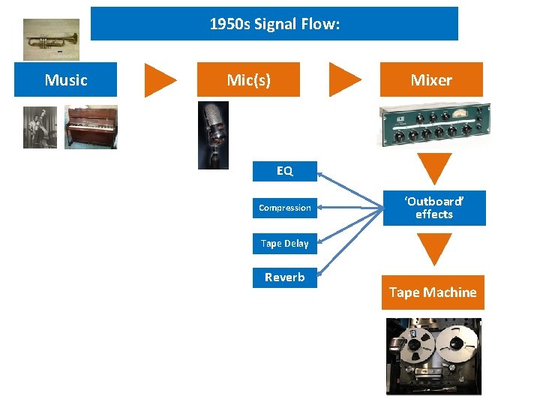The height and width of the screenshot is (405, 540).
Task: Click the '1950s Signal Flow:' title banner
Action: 274,24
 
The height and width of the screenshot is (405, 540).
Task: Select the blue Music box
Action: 66,79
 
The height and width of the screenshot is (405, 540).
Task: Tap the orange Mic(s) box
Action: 248,79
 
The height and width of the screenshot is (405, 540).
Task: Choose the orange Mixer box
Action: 431,79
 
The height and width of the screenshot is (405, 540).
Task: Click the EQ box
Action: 285,171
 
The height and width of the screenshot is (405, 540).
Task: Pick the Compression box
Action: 285,208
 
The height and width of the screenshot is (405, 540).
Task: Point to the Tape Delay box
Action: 285,243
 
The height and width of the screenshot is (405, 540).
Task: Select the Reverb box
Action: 285,277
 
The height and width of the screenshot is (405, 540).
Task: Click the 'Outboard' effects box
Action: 434,208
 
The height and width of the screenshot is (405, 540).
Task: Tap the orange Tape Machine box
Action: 433,292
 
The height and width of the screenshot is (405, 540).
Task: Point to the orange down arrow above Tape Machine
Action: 435,247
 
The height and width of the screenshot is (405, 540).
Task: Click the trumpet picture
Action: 51,39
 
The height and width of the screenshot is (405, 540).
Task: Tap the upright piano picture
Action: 91,127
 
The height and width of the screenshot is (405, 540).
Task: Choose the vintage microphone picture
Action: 213,135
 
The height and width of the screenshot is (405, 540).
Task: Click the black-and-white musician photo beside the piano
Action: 40,127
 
